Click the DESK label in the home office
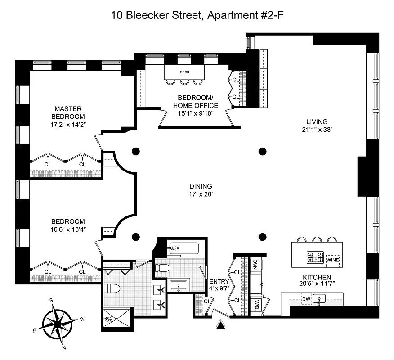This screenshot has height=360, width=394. tap(184, 72)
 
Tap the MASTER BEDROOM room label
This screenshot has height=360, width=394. tap(68, 112)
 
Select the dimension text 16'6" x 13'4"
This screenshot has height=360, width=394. tap(68, 229)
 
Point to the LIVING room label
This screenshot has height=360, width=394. tap(317, 121)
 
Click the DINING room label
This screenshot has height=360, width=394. tap(201, 186)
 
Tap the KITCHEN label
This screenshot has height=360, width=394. tap(317, 277)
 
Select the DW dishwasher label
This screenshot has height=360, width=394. tap(306, 299)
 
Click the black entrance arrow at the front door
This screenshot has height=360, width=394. tap(221, 324)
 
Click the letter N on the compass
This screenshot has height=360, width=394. tap(64, 347)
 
